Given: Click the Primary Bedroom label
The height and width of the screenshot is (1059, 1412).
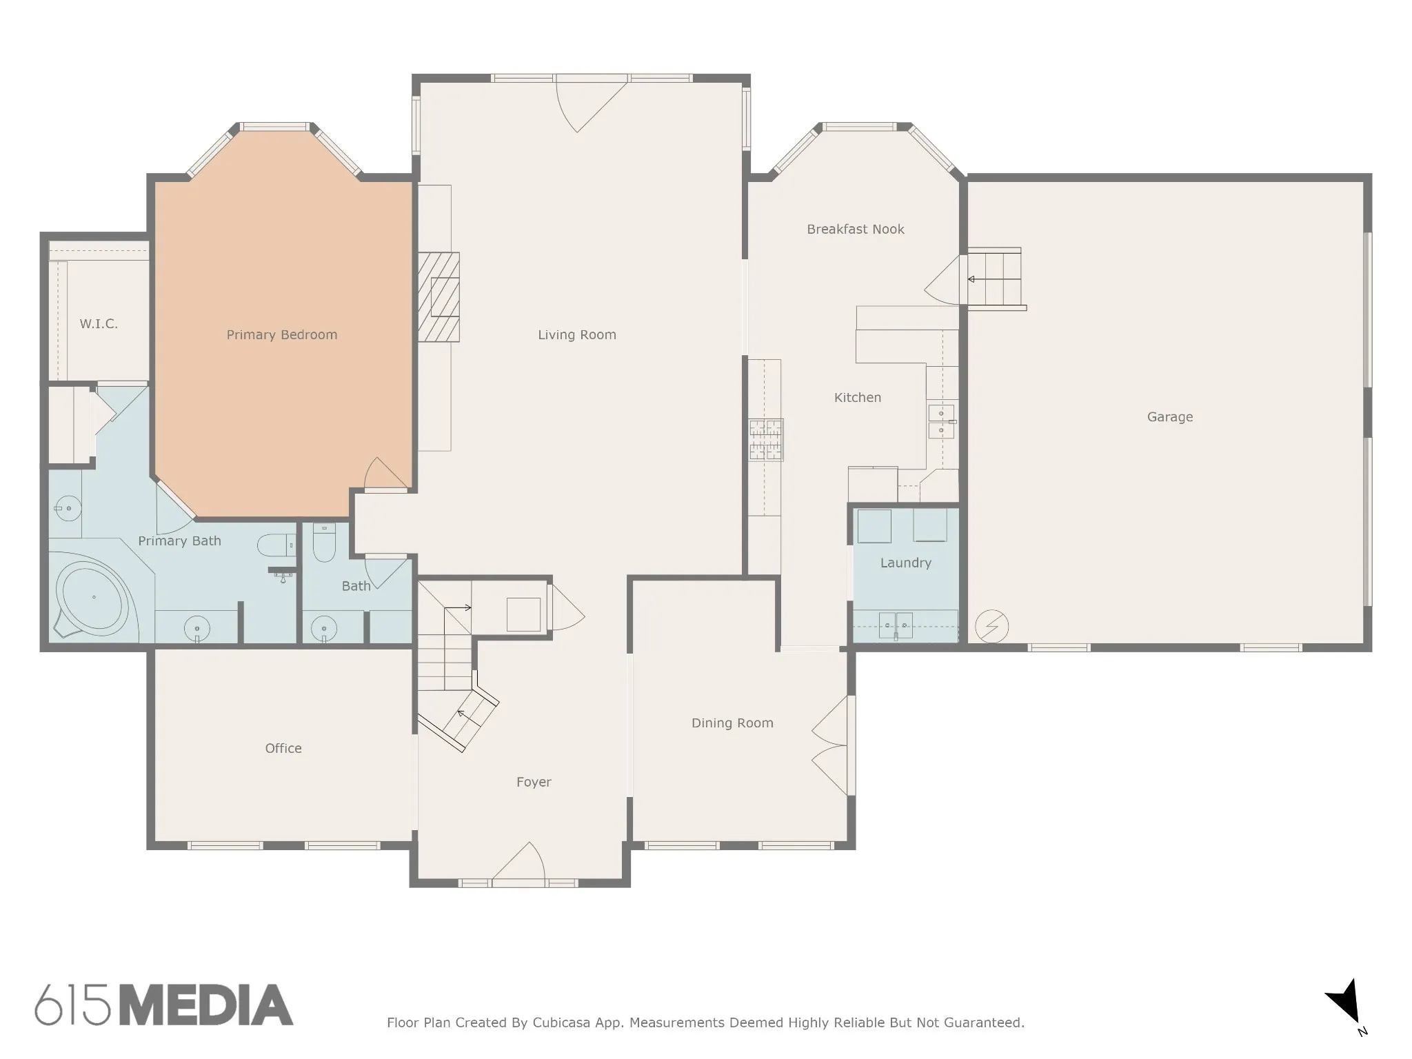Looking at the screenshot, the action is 282,335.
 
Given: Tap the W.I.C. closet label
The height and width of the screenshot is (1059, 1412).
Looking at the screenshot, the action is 99,324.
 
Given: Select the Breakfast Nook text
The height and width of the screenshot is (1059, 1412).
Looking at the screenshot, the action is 856,229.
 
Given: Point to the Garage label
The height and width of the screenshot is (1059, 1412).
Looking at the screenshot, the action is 1170,417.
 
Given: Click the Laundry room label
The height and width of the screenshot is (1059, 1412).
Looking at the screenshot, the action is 906,563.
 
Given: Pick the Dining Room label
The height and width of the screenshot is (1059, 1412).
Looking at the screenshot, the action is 732,723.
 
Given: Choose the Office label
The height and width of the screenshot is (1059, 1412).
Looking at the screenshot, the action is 283,748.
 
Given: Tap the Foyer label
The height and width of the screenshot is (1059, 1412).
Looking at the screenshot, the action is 534,782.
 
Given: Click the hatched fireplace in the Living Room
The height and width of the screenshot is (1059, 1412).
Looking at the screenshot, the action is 438,297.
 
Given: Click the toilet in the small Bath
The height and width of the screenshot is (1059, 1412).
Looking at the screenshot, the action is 324,542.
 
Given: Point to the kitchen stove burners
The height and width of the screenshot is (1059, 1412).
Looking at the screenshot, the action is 766,440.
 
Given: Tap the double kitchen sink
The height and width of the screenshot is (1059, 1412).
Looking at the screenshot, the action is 941,422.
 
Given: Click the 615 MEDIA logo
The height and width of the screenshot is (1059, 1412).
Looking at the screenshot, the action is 164,1005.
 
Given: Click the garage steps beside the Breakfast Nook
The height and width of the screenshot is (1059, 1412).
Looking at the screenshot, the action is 994,279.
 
